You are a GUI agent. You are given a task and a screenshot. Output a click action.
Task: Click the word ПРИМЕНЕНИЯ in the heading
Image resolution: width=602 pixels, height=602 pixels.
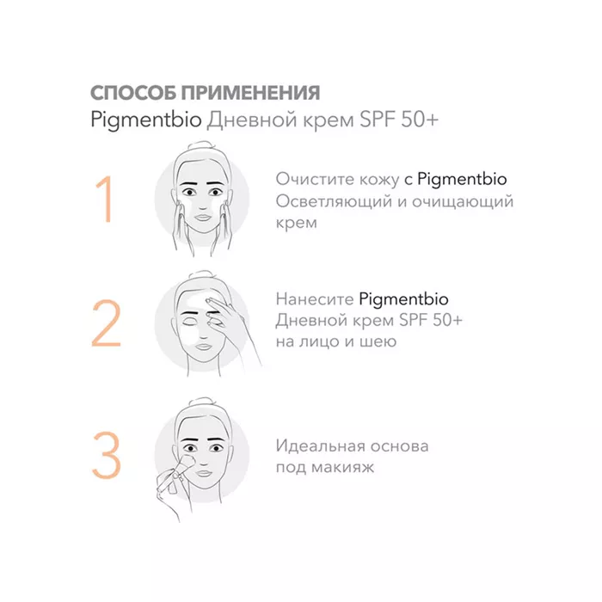250,93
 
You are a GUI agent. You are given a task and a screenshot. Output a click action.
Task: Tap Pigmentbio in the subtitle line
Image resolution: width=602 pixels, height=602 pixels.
146,120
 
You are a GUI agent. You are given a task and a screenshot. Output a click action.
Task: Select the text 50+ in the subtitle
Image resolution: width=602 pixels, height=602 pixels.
420,120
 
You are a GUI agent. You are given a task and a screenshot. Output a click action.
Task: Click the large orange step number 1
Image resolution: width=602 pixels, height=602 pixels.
103,199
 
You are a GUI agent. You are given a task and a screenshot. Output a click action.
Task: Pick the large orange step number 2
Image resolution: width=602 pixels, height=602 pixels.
107,322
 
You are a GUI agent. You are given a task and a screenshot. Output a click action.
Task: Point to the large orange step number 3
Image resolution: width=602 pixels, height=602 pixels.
107,455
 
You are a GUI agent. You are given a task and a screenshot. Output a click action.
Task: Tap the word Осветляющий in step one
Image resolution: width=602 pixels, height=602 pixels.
334,202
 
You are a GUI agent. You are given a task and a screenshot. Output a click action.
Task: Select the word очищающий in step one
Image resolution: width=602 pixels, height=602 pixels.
463,202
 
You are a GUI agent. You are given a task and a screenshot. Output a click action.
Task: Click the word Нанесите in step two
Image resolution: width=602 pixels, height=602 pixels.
315,299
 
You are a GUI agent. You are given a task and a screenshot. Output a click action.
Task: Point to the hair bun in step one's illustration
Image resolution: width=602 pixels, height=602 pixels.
202,147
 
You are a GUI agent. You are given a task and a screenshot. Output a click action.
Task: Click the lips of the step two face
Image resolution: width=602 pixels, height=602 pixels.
203,347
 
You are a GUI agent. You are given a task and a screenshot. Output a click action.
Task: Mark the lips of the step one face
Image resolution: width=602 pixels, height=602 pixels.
202,218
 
